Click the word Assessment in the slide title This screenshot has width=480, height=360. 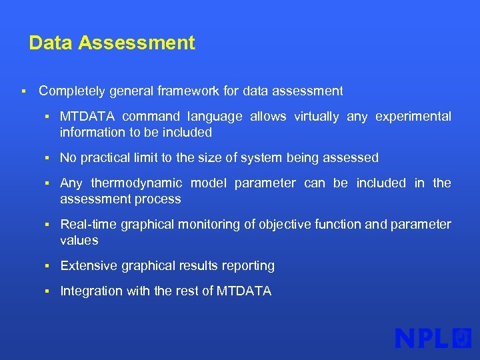[137, 43]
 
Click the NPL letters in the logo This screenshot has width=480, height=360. [422, 339]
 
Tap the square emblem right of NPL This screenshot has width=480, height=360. [462, 338]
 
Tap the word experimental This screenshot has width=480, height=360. [413, 117]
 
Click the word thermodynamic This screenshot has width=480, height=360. [136, 183]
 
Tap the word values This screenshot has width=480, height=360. [79, 241]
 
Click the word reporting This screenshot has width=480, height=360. [249, 266]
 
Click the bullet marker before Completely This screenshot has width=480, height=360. [23, 91]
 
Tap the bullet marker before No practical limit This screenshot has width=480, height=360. [48, 158]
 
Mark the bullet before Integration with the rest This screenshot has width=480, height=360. [48, 291]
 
